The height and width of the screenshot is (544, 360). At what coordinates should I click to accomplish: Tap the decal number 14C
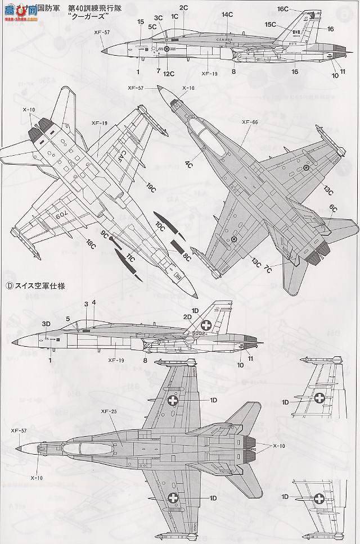(227, 14)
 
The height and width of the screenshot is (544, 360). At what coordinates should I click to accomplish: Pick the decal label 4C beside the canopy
(189, 165)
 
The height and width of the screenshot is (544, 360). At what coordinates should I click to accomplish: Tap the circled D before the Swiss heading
(9, 285)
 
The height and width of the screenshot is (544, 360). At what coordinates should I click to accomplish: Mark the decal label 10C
(160, 228)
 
